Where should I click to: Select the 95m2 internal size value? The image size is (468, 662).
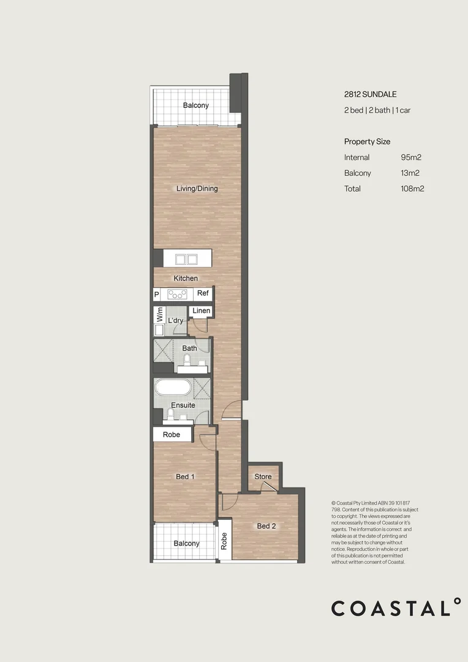pos(411,158)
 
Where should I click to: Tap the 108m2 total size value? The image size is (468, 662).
pos(412,189)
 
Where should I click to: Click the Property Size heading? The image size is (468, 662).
pos(367,142)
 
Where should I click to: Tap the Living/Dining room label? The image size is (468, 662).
pos(197,189)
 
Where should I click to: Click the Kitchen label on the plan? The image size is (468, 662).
pos(186,278)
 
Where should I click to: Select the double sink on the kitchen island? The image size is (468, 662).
pos(186,258)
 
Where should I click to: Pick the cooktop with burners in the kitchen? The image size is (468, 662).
pos(177,294)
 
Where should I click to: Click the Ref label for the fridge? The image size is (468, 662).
pos(203,294)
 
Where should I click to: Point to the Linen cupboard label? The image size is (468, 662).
pos(201,311)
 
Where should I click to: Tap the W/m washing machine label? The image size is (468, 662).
pos(159,316)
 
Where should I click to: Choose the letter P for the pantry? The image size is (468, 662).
pos(156,294)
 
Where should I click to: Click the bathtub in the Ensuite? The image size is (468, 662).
pos(173,388)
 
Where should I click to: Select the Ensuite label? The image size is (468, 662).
pos(183,405)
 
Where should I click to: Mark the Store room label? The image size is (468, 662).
pos(263,477)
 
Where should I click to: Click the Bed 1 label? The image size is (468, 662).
pos(186,477)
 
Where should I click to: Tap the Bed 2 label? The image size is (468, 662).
pos(266,526)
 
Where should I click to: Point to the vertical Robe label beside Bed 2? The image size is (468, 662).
pos(224,541)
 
